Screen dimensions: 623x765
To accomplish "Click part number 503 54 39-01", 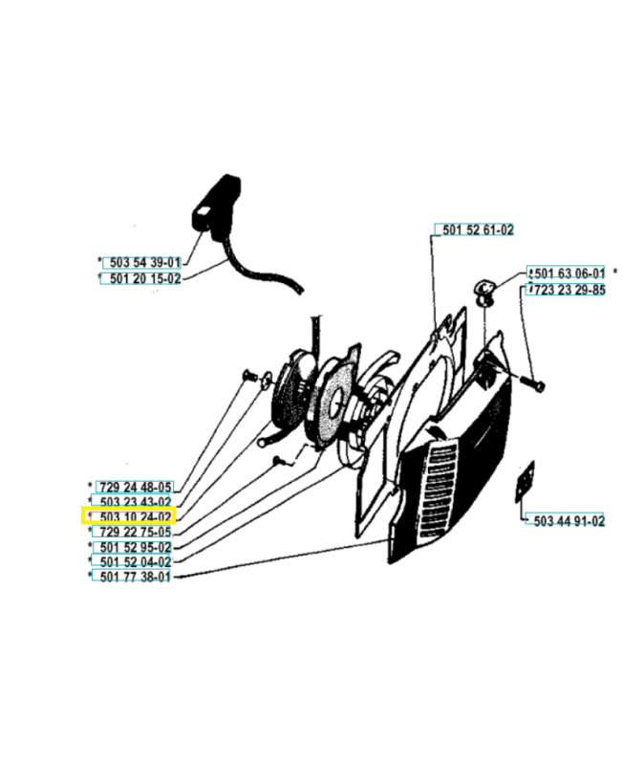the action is [x=145, y=262].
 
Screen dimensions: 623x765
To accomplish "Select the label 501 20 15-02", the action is [x=145, y=278].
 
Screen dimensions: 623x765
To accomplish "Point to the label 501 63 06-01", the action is [x=569, y=273].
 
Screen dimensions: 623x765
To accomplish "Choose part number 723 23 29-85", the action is [x=569, y=290].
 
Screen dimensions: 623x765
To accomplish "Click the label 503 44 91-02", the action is [x=569, y=520].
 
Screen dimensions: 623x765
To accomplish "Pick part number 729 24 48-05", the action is [x=136, y=487].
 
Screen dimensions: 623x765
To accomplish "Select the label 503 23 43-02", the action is [x=136, y=502].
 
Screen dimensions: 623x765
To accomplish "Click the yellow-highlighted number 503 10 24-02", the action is [x=136, y=516].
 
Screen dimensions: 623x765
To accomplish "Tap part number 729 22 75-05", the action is [x=136, y=532].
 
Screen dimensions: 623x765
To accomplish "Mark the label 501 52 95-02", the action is [x=136, y=547].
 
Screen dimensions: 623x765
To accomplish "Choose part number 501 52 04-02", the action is [x=136, y=561].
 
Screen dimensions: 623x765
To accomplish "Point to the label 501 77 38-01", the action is [x=135, y=577].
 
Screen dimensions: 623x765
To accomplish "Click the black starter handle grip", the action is [x=216, y=208].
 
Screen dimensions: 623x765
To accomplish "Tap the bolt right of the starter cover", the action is [x=533, y=384].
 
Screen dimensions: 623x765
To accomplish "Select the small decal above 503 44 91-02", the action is [x=526, y=481].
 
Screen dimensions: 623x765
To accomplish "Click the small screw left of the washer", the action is [x=249, y=375].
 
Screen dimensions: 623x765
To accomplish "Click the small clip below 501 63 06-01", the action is [x=484, y=292].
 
